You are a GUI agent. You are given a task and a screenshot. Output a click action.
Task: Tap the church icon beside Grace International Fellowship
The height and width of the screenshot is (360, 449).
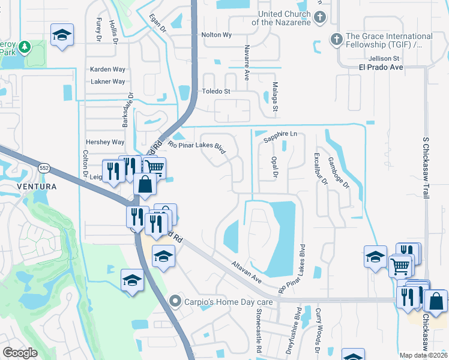pos(336,40)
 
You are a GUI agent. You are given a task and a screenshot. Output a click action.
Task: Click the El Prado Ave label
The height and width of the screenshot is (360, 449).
pos(377,67)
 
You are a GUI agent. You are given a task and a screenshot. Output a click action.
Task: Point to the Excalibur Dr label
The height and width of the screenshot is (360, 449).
pos(318,167)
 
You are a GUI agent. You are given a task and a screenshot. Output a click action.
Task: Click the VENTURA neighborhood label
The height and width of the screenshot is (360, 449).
pos(37,187)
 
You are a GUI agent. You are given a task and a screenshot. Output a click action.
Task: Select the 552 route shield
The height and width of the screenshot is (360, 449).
pos(44,169)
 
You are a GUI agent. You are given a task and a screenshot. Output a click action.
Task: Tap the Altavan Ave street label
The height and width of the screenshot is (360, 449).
pos(248,272)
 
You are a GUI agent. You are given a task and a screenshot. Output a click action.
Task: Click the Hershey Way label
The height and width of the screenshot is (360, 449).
pos(105,142)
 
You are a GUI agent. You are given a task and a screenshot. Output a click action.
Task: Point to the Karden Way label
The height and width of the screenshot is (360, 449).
pos(107,70)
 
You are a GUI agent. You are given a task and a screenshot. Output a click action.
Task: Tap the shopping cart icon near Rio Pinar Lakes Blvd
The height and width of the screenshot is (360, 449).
pos(155,167)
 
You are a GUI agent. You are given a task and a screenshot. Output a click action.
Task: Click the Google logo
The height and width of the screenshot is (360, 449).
pos(20,353)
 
